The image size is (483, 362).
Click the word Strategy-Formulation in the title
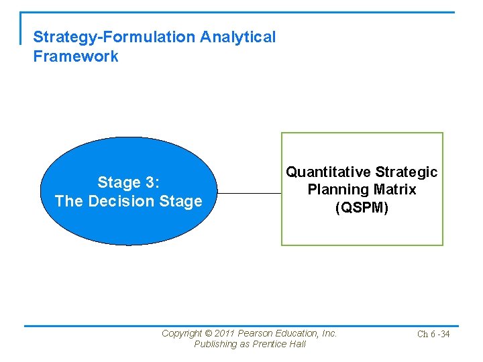(113, 38)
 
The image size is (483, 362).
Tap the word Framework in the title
(76, 56)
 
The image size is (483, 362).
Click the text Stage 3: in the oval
(128, 182)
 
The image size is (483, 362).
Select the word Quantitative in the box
(329, 172)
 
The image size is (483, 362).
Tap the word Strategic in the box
(407, 172)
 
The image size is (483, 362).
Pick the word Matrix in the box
(393, 190)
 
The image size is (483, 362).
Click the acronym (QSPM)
(362, 208)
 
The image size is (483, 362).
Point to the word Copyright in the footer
(182, 333)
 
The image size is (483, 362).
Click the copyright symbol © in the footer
(209, 333)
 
